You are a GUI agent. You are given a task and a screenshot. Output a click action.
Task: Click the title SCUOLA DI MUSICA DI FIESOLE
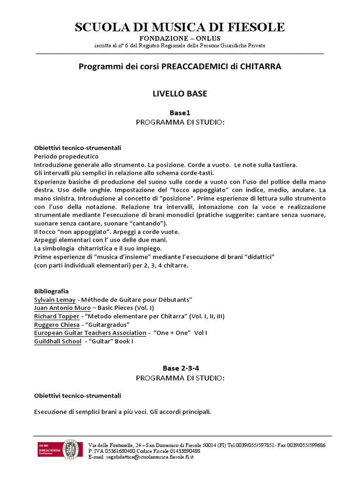[180, 27]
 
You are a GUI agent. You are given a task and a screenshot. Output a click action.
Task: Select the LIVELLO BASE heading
[180, 94]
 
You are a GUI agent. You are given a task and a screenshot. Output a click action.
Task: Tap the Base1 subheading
[180, 112]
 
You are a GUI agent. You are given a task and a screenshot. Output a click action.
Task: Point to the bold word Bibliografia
[52, 291]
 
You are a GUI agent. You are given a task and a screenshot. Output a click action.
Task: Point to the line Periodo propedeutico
[66, 156]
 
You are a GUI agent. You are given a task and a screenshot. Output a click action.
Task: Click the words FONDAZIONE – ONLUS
[180, 38]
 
